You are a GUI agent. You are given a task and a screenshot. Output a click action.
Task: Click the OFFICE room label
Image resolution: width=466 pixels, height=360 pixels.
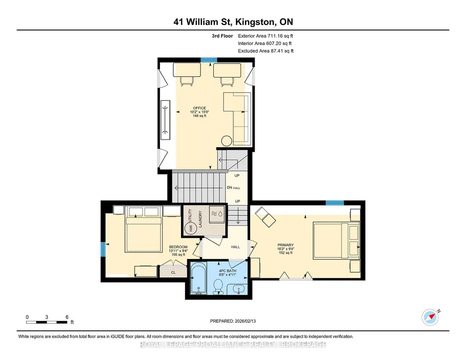[200, 108]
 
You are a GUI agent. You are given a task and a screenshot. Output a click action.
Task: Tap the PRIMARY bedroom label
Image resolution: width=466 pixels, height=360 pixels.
[286, 245]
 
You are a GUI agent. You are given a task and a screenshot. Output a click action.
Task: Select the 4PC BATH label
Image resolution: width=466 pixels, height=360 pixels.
[227, 271]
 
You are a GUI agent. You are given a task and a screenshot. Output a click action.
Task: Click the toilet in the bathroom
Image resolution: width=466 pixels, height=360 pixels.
[218, 287]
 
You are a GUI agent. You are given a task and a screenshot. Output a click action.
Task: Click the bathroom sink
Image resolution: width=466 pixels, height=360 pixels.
[238, 289]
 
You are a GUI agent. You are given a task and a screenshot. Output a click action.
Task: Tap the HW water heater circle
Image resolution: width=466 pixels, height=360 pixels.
[190, 228]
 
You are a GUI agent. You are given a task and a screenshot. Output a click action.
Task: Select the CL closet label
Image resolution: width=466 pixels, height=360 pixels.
[173, 272]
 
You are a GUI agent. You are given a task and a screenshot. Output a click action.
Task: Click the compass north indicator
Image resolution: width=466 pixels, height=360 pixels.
[430, 317]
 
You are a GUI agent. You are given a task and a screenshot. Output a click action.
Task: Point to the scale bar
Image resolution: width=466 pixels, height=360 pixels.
[47, 322]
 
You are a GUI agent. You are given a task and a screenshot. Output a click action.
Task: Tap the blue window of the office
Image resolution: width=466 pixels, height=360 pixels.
[209, 60]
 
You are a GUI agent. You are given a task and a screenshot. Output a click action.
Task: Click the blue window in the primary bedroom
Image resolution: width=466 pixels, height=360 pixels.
[335, 203]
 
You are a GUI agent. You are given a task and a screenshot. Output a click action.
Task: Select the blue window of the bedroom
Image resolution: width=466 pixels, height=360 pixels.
[103, 249]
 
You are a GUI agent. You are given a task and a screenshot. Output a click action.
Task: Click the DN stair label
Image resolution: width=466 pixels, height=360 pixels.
[230, 187]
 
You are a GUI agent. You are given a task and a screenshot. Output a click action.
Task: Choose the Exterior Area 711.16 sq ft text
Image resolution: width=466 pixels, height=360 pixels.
[266, 36]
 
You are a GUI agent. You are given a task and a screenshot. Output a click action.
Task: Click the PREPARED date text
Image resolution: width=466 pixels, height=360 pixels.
[233, 321]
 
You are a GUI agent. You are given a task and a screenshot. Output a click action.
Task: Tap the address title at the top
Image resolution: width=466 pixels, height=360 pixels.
[233, 22]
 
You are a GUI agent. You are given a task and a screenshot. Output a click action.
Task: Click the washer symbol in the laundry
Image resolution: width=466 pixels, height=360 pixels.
[217, 214]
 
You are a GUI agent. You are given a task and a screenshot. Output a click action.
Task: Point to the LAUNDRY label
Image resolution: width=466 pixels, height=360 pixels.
[200, 219]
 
